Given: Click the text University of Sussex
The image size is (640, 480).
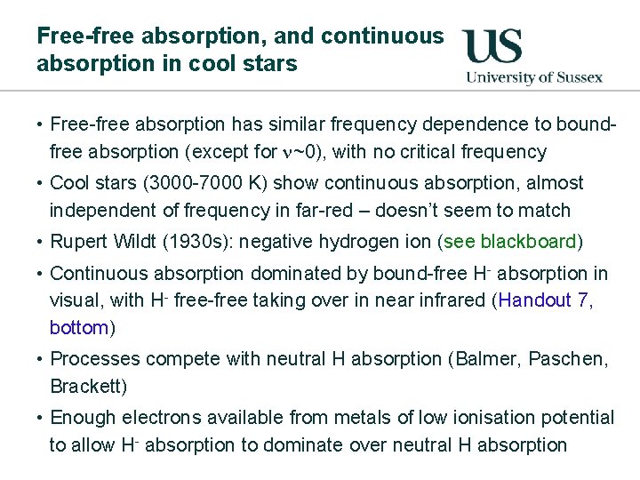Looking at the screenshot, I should click(534, 76).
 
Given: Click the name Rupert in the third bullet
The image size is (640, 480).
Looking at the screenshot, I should click(77, 242).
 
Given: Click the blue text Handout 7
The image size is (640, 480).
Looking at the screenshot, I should click(543, 300).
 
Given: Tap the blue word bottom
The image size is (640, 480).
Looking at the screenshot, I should click(79, 328).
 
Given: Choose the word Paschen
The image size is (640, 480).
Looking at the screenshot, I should click(566, 359).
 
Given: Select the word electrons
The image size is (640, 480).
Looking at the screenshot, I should click(150, 418).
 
